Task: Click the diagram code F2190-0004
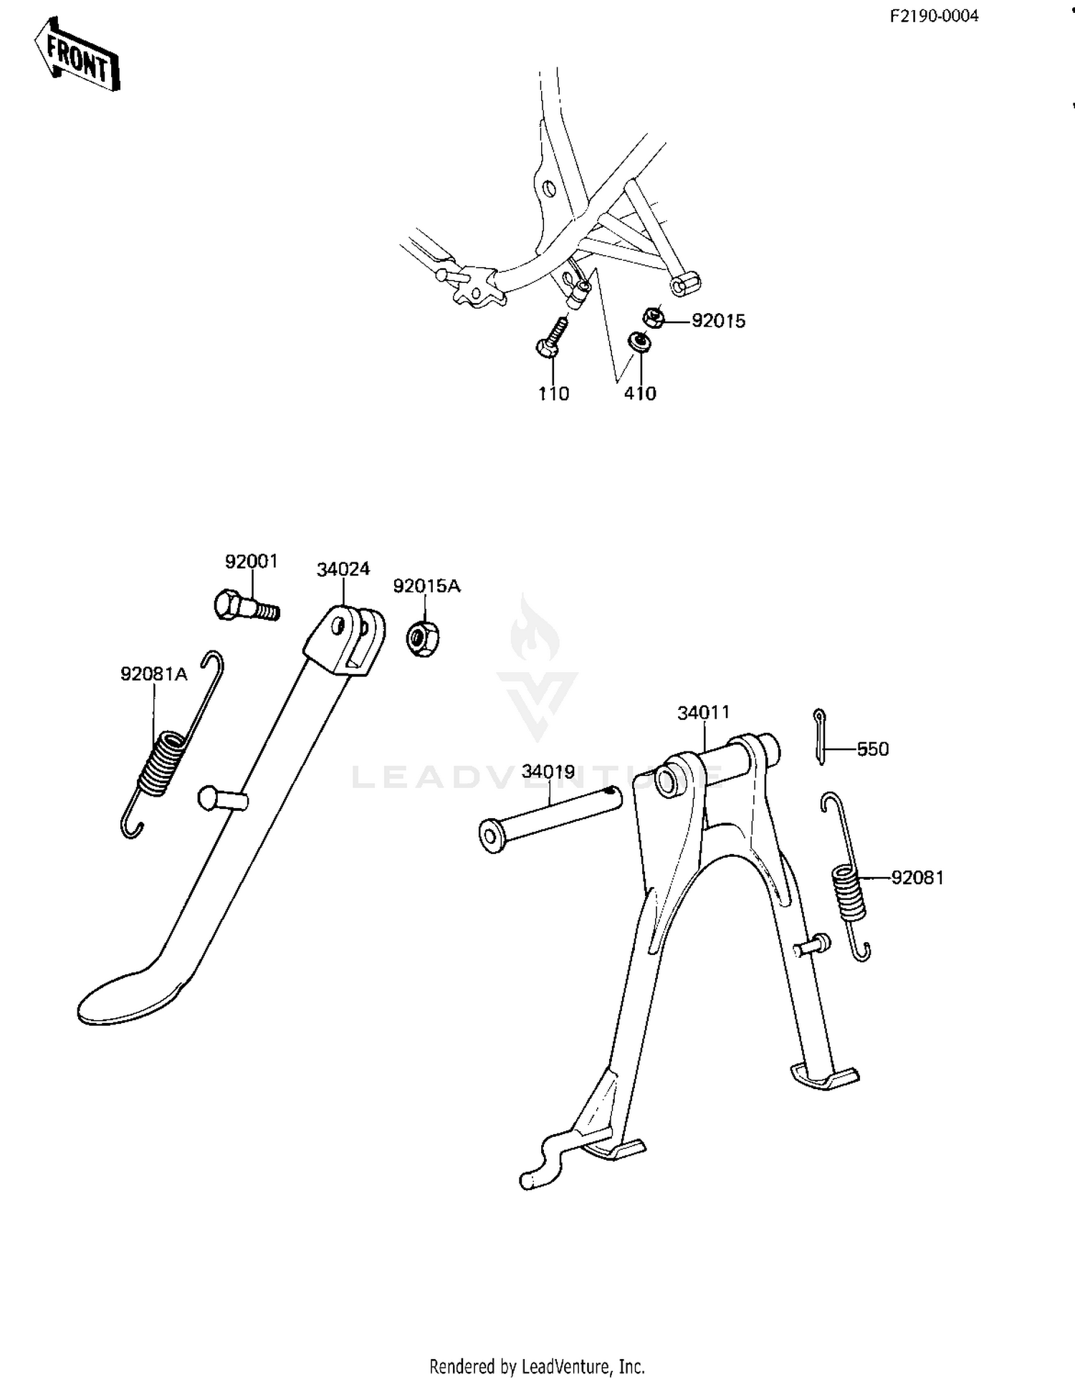coord(934,16)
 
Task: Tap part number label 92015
coord(718,321)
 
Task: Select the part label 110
coord(553,393)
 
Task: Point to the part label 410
coord(640,393)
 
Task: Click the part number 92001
coord(251,562)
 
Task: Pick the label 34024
coord(343,570)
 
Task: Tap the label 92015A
coord(426,586)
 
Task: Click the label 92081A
coord(154,674)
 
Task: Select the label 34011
coord(704,713)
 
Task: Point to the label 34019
coord(548,772)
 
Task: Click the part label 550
coord(873,749)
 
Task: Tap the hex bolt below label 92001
coord(247,606)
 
